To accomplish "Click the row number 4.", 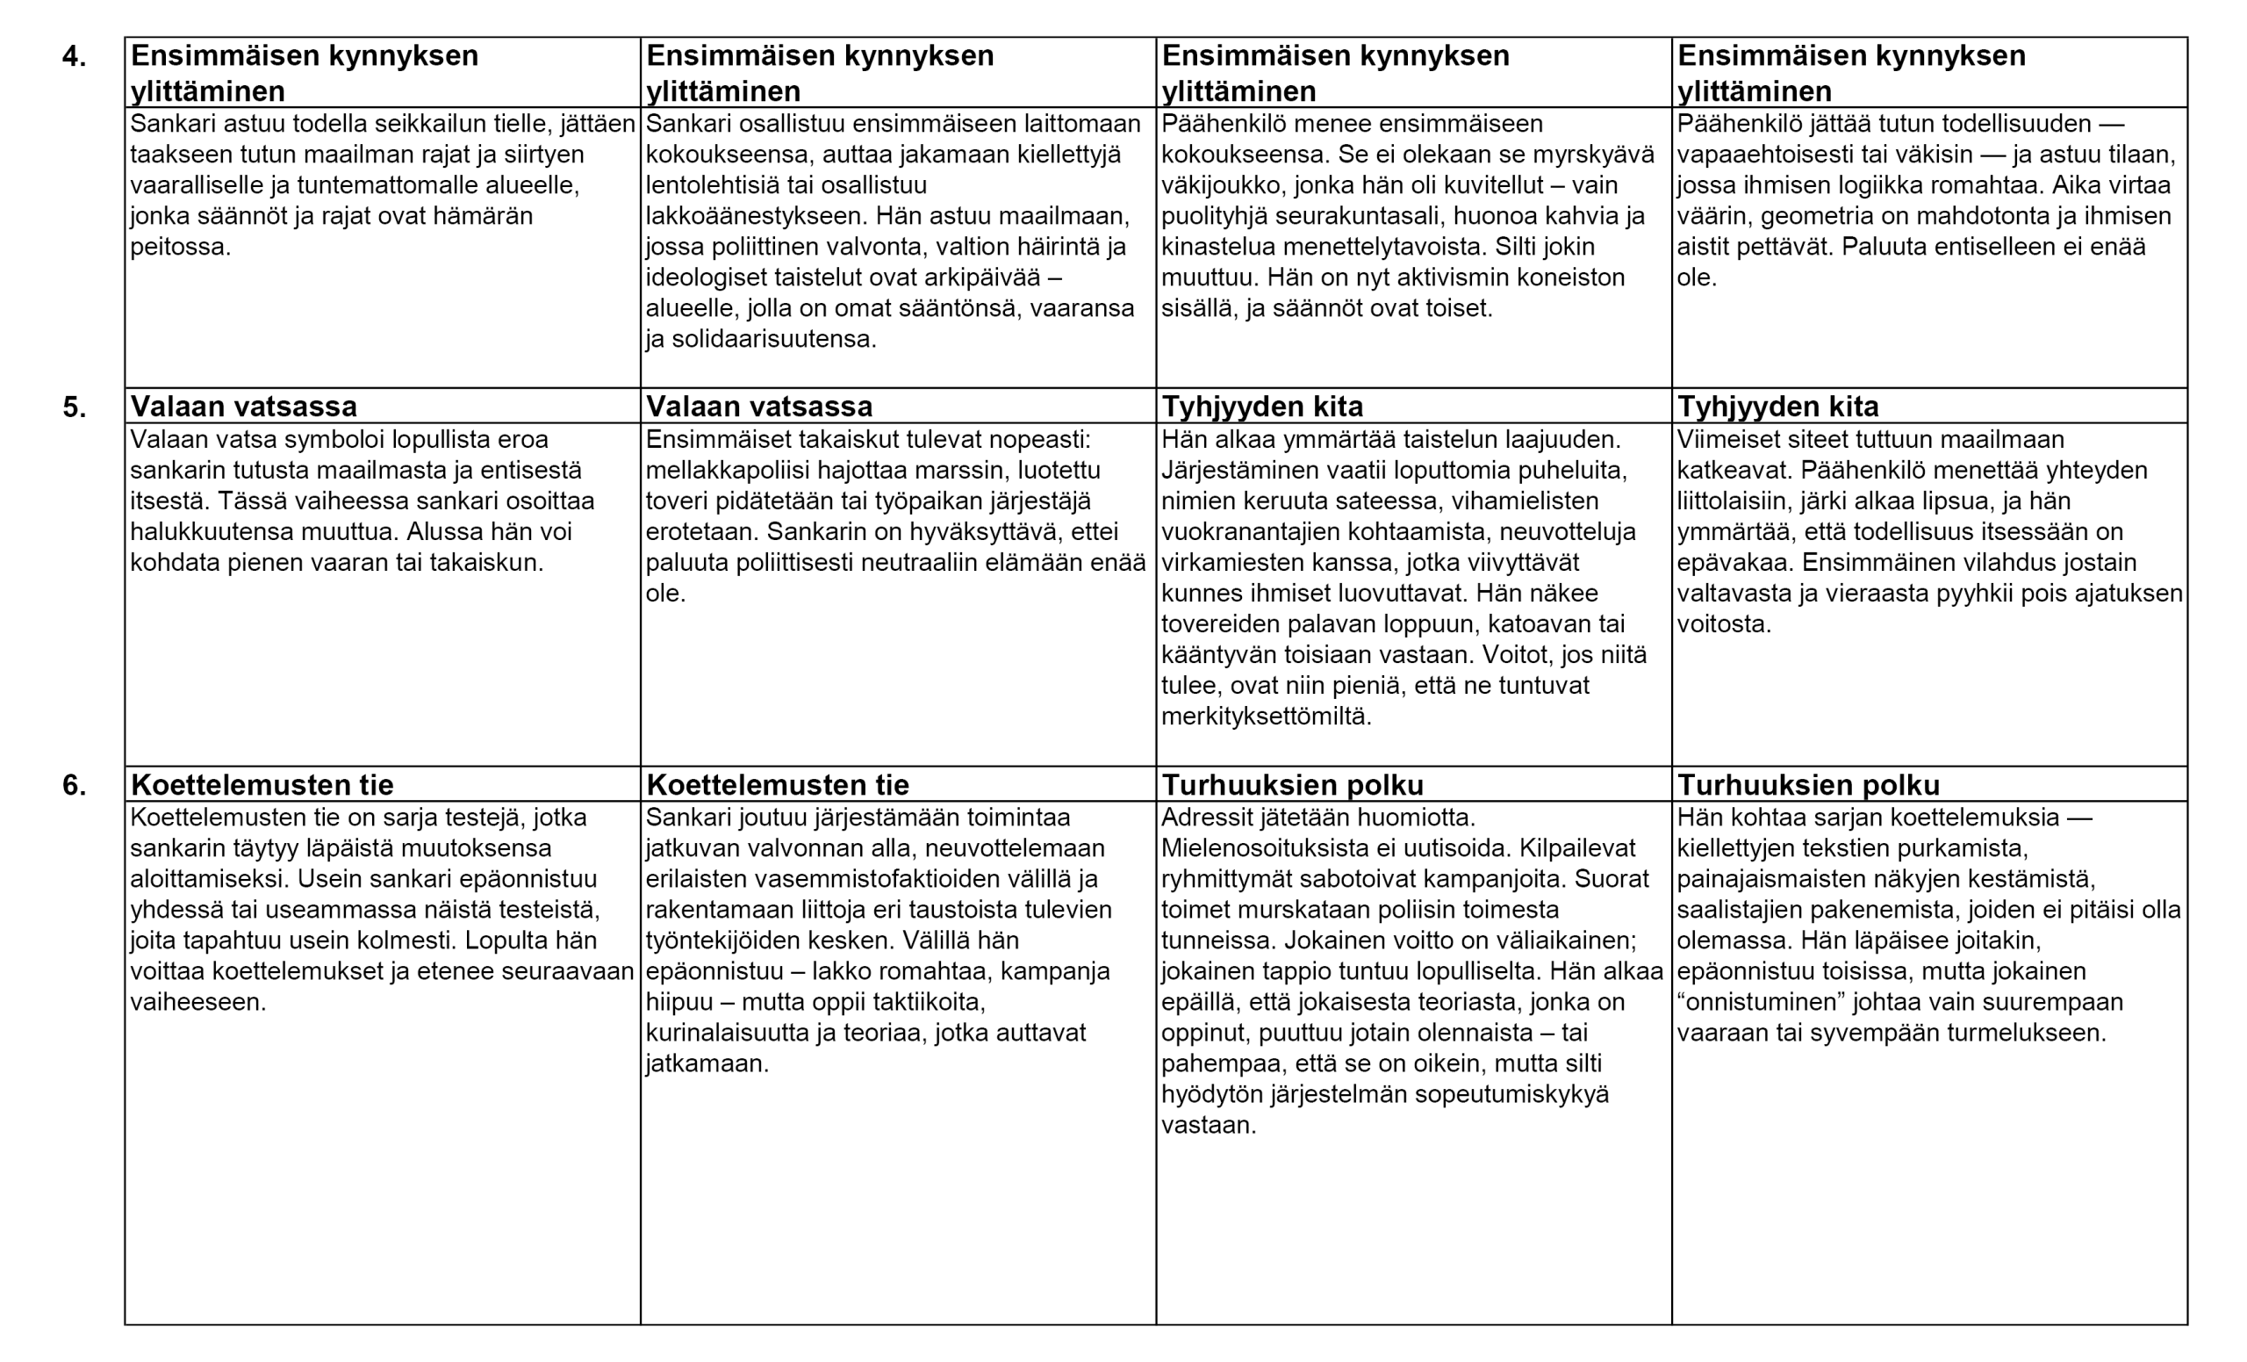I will click(74, 56).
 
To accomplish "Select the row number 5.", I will click(74, 407).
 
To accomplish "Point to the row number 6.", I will click(74, 785).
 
